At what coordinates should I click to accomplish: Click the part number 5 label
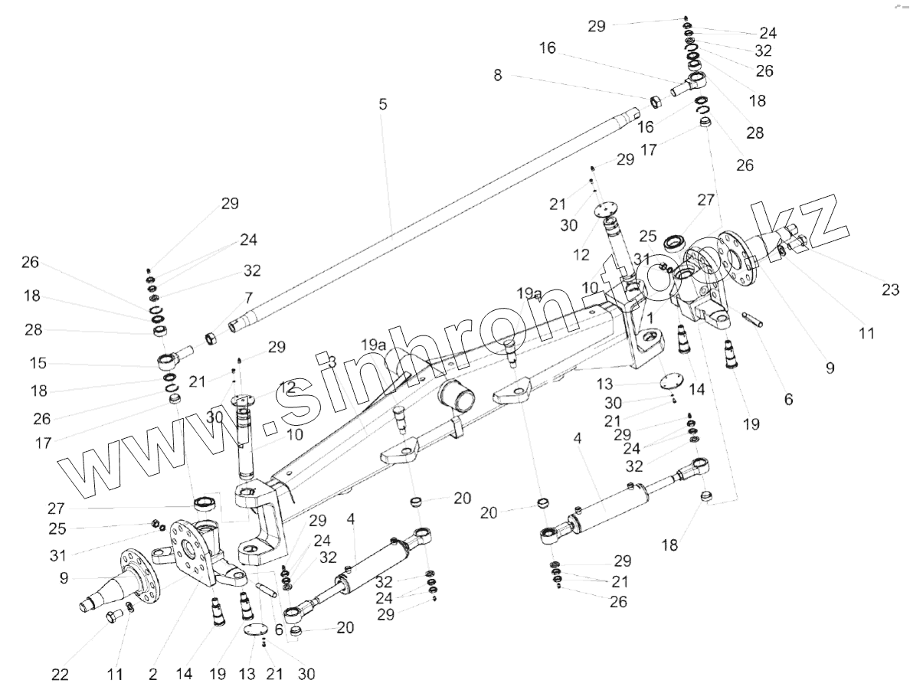[x=383, y=104]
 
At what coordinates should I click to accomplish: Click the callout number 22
[x=60, y=675]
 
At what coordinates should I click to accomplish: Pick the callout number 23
[x=890, y=290]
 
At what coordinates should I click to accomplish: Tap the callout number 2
[x=153, y=675]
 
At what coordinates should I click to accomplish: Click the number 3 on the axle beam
[x=332, y=361]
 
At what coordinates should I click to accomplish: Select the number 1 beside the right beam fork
[x=650, y=316]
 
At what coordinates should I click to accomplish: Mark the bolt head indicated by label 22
[x=113, y=616]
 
